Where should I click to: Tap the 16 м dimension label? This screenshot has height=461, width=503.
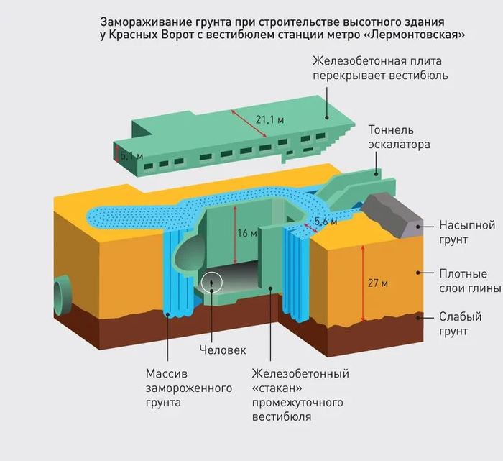246,233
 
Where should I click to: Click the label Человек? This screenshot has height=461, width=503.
223,350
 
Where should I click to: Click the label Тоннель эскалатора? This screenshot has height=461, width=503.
399,137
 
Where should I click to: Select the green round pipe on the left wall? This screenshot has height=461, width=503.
58,296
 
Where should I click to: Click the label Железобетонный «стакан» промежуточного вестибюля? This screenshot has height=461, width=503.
300,395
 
